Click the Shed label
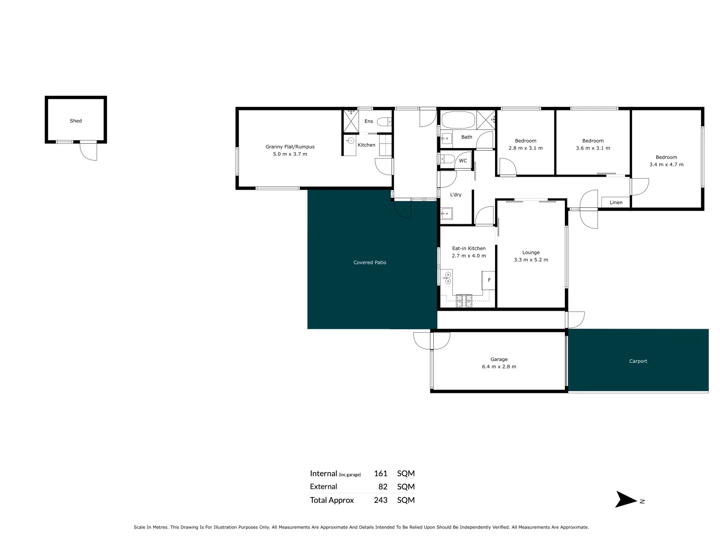[76, 121]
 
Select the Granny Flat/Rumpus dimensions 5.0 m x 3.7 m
[290, 154]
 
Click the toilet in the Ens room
[384, 121]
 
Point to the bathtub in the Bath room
[457, 120]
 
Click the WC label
[463, 161]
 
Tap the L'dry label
[455, 195]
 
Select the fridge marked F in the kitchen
[489, 280]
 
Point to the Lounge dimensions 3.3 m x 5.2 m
[531, 260]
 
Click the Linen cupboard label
[616, 203]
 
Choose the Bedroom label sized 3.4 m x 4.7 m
[666, 157]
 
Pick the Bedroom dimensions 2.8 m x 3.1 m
[526, 148]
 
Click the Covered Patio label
[370, 262]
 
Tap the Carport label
[638, 361]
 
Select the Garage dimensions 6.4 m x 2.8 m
[499, 366]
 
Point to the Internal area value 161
[381, 473]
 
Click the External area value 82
[383, 486]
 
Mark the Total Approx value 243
[381, 500]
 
